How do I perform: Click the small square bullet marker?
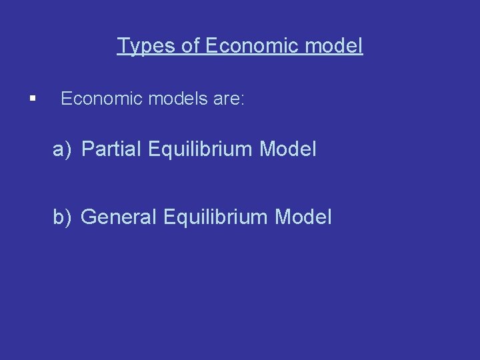(x=32, y=100)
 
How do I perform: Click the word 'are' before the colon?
(x=225, y=99)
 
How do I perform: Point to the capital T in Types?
(x=123, y=46)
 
